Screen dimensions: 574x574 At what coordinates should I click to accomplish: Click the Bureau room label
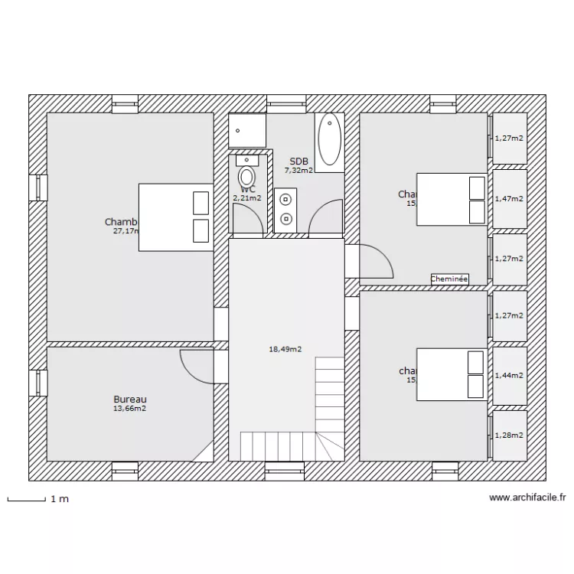(x=129, y=400)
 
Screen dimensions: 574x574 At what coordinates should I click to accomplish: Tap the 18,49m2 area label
(x=285, y=349)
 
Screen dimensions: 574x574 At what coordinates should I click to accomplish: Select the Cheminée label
(x=449, y=279)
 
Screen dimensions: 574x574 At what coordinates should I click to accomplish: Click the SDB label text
(x=298, y=161)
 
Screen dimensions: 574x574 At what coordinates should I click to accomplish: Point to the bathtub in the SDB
(x=331, y=139)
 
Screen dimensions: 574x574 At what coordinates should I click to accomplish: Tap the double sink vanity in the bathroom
(x=285, y=208)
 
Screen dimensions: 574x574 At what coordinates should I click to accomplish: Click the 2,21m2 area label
(x=247, y=197)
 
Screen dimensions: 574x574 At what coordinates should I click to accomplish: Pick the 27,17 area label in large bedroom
(x=125, y=230)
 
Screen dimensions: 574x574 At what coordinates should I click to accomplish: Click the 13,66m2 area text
(x=129, y=409)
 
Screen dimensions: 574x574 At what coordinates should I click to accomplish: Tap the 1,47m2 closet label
(x=510, y=198)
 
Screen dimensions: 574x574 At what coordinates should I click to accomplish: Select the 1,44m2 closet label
(x=510, y=376)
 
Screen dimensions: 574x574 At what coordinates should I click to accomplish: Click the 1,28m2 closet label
(x=510, y=435)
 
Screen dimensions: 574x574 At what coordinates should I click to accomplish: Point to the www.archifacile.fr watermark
(x=527, y=497)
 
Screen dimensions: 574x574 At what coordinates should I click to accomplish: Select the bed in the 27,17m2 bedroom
(x=175, y=217)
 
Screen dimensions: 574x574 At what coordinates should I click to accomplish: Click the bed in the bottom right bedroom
(x=452, y=373)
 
